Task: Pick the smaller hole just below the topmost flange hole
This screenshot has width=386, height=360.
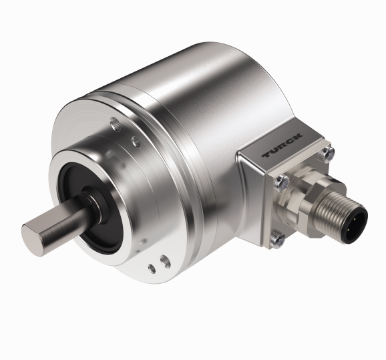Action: pyautogui.click(x=136, y=142)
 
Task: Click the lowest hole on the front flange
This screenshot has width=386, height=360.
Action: pyautogui.click(x=152, y=269)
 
